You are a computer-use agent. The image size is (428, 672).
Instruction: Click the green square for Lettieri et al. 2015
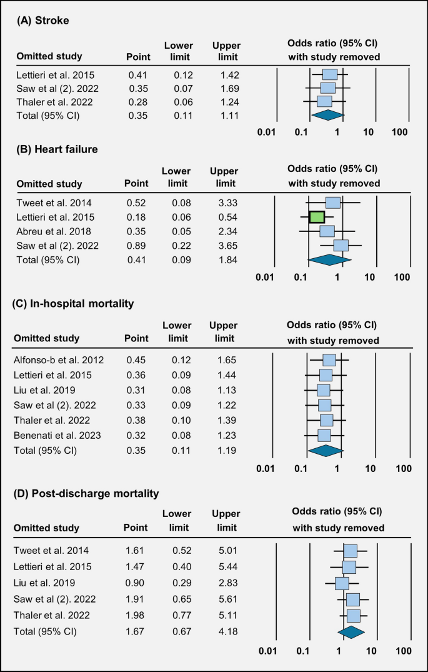coord(317,217)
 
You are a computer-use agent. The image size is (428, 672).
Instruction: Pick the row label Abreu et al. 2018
coord(49,231)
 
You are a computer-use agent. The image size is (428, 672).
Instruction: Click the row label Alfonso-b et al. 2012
coord(59,360)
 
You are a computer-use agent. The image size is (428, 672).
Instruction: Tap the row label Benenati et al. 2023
coord(56,435)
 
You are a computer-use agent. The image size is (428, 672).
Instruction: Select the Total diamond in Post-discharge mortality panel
coord(350,631)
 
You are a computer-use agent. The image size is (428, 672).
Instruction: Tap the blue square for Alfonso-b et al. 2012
coord(329,360)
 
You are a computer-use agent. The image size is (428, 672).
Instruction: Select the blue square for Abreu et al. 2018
coord(327,231)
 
